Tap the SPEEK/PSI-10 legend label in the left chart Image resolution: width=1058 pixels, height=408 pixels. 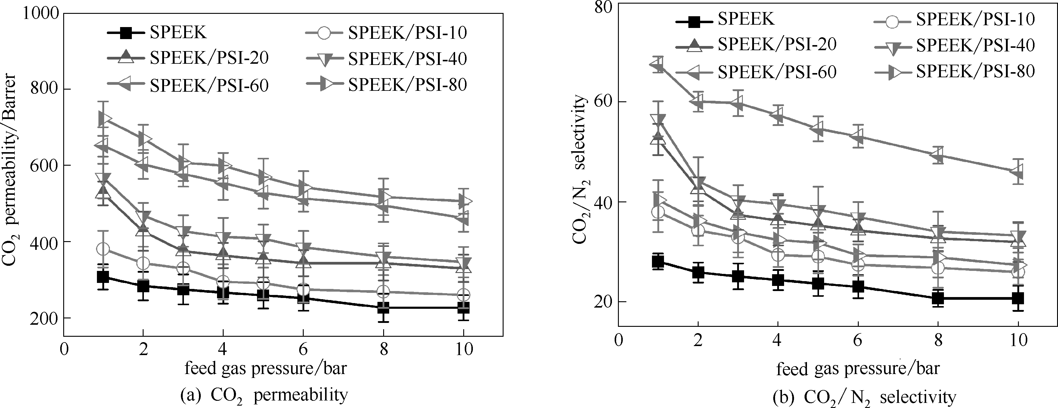click(x=408, y=33)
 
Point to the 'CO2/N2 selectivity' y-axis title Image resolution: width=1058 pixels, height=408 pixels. click(x=579, y=169)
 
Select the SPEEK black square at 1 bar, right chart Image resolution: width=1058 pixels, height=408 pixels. click(x=658, y=262)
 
